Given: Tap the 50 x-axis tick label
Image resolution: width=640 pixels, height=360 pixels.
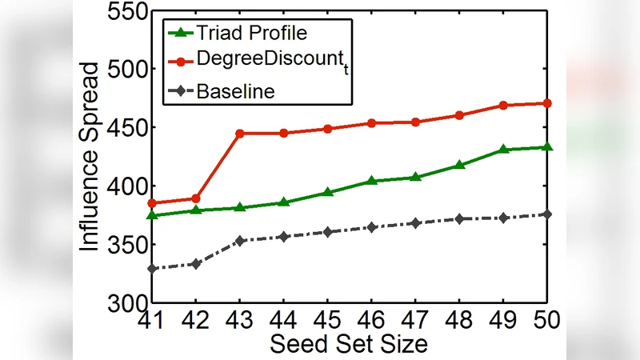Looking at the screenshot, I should (x=547, y=322).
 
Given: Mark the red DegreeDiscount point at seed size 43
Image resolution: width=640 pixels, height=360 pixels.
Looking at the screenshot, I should (x=239, y=133).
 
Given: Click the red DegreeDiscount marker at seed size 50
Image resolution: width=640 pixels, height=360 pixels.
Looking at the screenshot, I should (x=547, y=103).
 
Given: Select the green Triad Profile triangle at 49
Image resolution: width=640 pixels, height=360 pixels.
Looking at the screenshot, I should (x=503, y=150).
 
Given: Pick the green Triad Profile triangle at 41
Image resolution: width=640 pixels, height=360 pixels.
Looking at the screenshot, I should (x=151, y=215).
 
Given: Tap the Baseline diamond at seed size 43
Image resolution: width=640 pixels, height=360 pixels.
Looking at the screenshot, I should (x=239, y=240).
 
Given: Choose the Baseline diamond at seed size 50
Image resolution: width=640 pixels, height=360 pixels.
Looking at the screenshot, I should (x=547, y=214).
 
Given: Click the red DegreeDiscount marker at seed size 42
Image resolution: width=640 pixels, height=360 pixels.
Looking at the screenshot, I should (x=195, y=198).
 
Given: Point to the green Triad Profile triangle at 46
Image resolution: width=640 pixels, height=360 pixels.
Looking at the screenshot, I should (x=371, y=181).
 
